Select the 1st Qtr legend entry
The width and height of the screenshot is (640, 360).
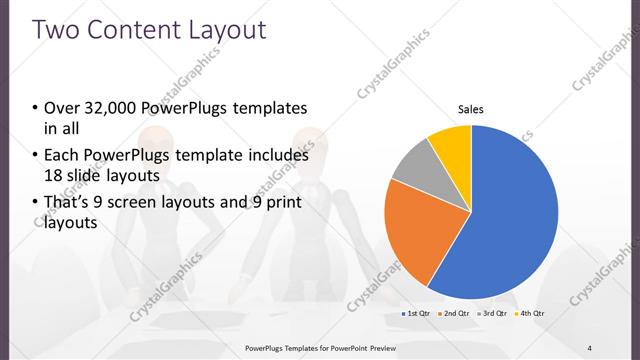point(416,314)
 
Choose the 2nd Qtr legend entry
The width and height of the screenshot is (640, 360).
point(456,314)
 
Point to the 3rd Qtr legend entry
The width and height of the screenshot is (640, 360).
point(494,314)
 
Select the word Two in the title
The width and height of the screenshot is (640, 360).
point(56,29)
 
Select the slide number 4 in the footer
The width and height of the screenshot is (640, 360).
point(588,348)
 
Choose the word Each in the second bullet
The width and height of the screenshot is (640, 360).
point(63,156)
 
